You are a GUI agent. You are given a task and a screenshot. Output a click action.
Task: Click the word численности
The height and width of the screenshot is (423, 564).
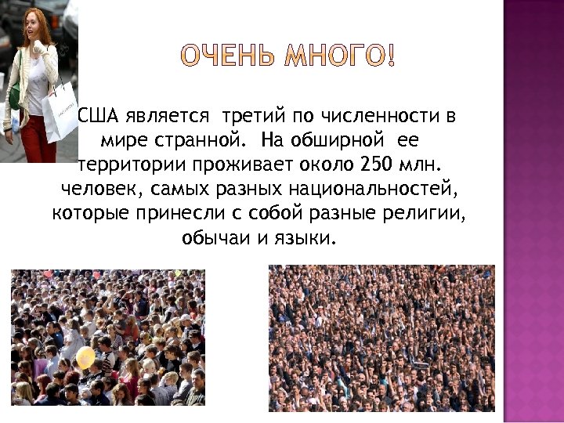tap(381, 117)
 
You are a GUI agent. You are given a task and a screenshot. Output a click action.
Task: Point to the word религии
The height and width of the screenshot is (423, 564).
tap(431, 214)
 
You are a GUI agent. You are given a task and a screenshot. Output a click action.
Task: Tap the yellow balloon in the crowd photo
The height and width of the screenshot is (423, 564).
tap(85, 359)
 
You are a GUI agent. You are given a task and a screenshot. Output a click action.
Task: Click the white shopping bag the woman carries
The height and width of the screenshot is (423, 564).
tap(60, 112)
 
